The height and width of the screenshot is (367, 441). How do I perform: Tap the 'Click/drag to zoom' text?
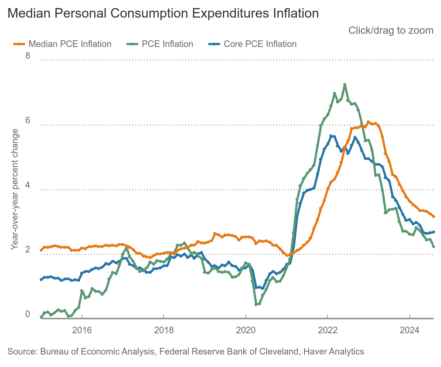pyautogui.click(x=391, y=30)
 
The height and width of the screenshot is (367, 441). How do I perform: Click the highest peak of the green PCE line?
pyautogui.click(x=345, y=84)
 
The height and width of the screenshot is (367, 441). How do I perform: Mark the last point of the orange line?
pyautogui.click(x=434, y=217)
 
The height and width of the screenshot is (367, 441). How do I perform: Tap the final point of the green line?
pyautogui.click(x=434, y=247)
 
